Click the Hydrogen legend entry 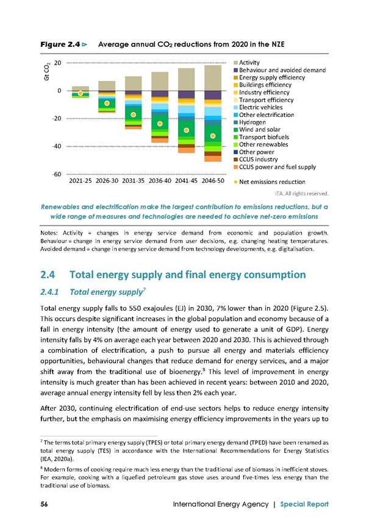(249, 122)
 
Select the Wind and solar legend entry (257, 130)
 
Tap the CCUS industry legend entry (256, 160)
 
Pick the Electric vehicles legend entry (258, 107)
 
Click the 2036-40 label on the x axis (160, 181)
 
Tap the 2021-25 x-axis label (81, 181)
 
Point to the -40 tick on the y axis (57, 146)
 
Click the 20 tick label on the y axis (58, 63)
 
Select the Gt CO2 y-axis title (47, 72)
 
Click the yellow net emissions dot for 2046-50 (213, 136)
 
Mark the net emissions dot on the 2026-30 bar (107, 103)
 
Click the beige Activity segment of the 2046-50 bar (213, 78)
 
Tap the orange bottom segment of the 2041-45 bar (187, 150)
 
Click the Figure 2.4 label (60, 44)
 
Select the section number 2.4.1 (49, 292)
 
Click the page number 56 (44, 504)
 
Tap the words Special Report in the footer (304, 504)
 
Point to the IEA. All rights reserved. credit (302, 194)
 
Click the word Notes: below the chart (49, 233)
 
